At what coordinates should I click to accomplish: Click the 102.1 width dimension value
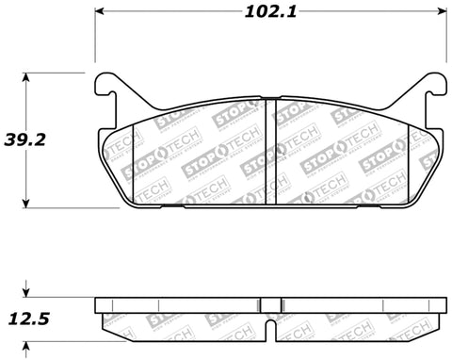pos(273,14)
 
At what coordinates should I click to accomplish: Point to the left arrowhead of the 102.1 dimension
pos(99,14)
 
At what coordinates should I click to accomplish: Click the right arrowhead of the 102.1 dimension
pos(442,14)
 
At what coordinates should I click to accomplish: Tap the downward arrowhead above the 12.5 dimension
pos(27,293)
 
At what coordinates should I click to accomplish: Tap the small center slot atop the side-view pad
pos(271,303)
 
